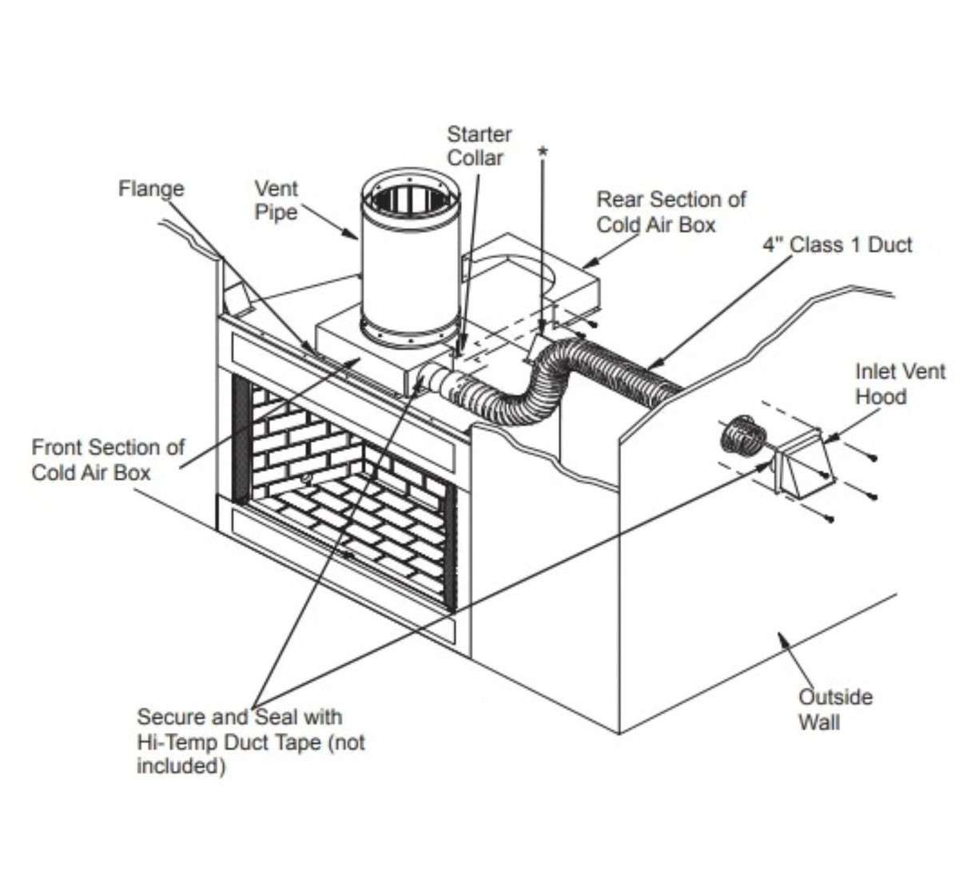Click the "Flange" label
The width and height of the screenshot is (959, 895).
click(151, 189)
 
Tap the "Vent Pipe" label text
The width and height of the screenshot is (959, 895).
click(276, 201)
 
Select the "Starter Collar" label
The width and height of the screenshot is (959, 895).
click(479, 146)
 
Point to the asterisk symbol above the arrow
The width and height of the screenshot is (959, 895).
click(543, 152)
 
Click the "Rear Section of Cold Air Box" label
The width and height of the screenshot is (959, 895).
click(671, 212)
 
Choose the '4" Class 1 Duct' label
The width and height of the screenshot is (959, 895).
click(838, 245)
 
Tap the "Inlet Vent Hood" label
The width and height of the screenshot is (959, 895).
click(900, 384)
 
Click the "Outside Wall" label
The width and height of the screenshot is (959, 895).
click(835, 710)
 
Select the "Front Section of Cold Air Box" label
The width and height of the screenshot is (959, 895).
click(108, 459)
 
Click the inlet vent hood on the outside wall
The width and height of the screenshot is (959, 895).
click(803, 463)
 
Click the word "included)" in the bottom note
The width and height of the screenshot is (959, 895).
click(181, 766)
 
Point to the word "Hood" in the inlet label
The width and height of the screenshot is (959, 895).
click(881, 396)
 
